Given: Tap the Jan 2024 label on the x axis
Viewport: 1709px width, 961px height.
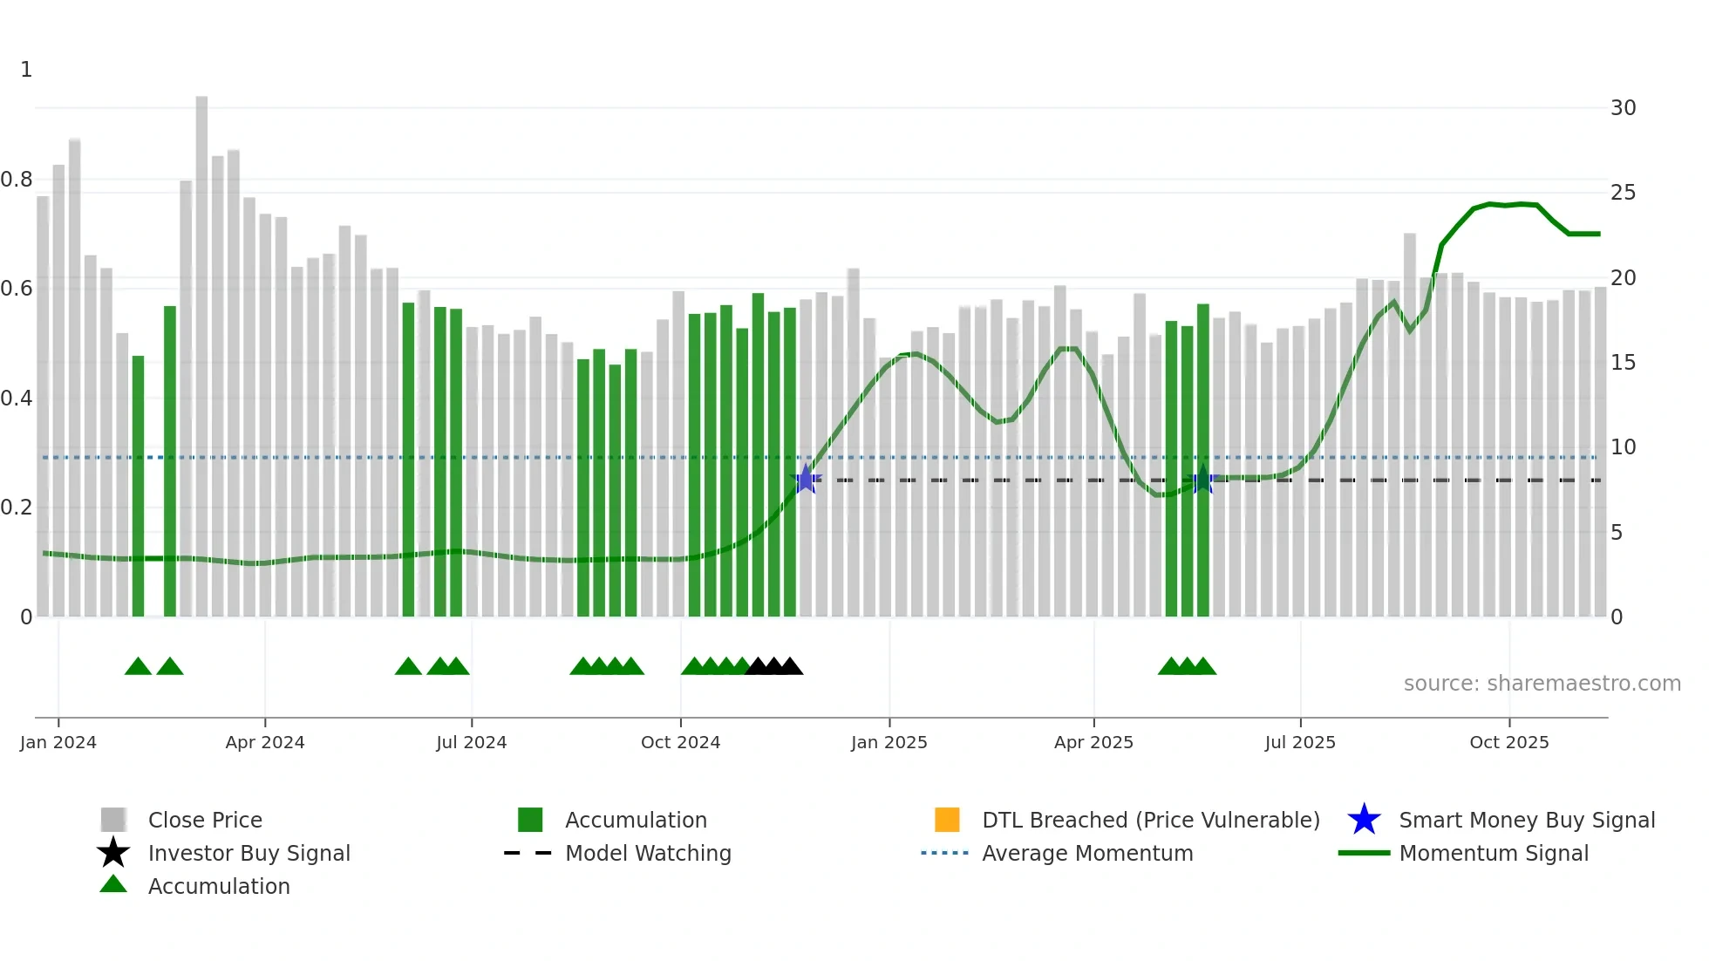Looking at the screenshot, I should [58, 742].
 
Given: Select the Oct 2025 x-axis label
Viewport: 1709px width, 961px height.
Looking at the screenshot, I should [1508, 742].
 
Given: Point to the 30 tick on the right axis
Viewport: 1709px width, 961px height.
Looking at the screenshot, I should [1623, 108].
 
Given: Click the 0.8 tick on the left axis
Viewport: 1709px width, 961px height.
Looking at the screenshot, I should [17, 180].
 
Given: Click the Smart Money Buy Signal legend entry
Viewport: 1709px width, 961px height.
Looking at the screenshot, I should [1526, 820].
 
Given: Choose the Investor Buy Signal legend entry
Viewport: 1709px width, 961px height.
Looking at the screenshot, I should [249, 853].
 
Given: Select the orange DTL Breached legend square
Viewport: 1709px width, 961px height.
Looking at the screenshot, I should [946, 820].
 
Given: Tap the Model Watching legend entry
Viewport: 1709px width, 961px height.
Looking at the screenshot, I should [647, 853].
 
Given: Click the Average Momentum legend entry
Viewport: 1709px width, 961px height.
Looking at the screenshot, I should [1086, 853].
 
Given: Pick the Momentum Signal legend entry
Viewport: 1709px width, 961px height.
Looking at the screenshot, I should [1493, 853].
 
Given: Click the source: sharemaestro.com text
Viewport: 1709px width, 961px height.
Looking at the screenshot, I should [1542, 684].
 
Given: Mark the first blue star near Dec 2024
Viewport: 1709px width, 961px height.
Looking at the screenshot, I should [806, 480].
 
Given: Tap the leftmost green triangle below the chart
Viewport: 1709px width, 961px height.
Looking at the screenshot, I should [138, 667].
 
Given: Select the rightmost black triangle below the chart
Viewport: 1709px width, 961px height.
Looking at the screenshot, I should [790, 667].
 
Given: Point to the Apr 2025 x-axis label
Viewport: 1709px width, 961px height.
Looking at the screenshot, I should [1093, 742].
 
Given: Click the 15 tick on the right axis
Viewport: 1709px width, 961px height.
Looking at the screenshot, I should [1623, 363].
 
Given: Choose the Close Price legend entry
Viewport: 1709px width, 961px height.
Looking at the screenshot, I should [204, 820].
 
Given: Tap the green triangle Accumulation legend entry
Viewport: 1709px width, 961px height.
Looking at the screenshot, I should [218, 886].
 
